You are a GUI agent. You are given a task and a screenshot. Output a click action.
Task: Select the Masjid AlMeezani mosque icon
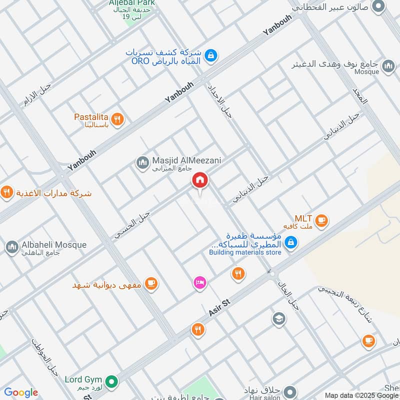coord(142,162)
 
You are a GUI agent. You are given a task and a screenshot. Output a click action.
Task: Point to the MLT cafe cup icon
coord(321,219)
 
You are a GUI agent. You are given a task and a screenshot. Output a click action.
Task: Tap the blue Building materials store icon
coord(289,243)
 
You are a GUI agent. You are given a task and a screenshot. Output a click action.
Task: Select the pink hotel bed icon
coord(199,282)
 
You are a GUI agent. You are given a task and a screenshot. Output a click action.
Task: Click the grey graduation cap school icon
coord(279,318)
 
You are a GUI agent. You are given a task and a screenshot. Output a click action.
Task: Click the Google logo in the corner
coord(21,392)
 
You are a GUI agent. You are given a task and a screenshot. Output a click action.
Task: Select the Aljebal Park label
coord(132,3)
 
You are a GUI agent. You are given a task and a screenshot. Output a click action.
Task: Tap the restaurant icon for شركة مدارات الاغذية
coord(6,192)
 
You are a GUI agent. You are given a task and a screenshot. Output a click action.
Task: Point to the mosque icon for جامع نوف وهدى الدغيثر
coord(388,66)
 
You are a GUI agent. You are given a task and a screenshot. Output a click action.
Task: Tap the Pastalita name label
coord(91,117)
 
